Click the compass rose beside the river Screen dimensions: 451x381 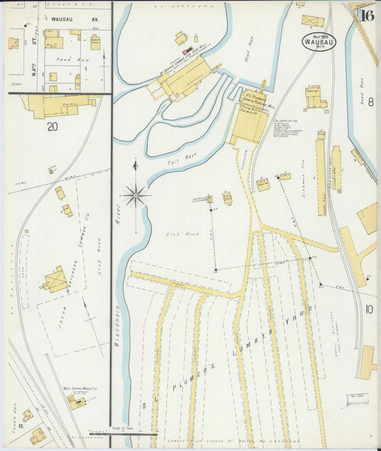point(135,193)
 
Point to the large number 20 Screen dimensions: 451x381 point(52,127)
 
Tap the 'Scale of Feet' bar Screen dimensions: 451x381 point(123,430)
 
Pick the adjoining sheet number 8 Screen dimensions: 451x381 point(370,102)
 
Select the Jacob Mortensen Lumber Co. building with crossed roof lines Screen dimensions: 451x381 point(54,280)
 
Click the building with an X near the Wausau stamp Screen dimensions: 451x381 point(312,21)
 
